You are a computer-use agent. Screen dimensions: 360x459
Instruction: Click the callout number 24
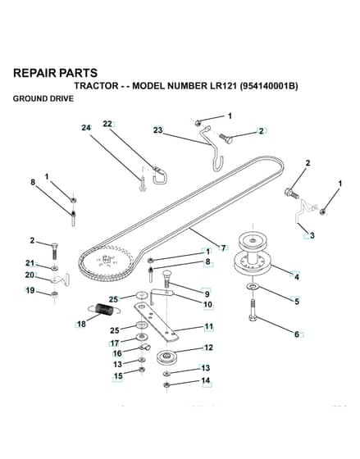coord(86,128)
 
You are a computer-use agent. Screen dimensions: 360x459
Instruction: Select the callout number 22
coord(107,124)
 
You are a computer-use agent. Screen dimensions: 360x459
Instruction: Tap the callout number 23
coord(158,130)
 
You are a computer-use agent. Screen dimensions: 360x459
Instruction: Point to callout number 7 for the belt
coord(224,248)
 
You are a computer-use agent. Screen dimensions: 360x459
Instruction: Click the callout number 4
coord(297,277)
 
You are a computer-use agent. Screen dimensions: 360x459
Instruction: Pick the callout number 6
coord(297,334)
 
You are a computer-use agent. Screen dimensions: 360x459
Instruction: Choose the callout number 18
coord(81,325)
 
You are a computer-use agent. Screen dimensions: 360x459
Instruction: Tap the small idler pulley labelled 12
coord(166,357)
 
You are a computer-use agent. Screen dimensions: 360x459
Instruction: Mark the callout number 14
coord(206,380)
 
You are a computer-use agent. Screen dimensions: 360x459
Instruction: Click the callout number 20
coord(30,275)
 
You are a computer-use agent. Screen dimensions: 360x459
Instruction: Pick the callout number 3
coord(312,235)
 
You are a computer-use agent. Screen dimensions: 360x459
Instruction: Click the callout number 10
coord(207,304)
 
